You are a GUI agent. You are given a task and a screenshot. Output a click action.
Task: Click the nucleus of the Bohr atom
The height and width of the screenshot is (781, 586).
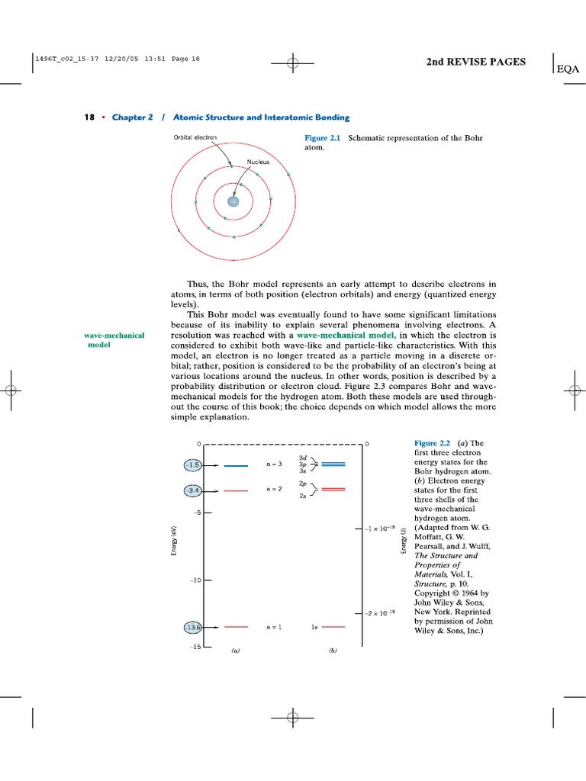click(233, 201)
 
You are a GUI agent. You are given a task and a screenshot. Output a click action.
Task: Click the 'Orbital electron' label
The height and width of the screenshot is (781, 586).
click(195, 137)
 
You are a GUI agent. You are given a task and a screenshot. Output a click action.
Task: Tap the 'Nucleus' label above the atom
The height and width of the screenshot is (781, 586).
click(258, 162)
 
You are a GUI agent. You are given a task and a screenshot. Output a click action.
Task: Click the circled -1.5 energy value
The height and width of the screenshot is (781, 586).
click(192, 464)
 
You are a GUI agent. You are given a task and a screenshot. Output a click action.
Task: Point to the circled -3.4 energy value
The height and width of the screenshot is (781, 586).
click(192, 490)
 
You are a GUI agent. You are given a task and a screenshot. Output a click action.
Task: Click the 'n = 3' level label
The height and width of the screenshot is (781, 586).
click(274, 464)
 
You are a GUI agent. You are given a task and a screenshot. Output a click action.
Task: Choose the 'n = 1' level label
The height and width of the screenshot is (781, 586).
click(274, 627)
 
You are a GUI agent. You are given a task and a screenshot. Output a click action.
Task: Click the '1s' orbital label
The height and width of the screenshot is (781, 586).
click(314, 627)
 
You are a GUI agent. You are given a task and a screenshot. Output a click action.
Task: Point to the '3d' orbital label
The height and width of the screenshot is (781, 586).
click(303, 457)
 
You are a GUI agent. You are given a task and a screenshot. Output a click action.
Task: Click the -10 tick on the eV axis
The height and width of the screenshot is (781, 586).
click(195, 580)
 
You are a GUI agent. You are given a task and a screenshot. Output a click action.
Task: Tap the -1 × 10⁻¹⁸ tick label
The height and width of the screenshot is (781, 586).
click(382, 527)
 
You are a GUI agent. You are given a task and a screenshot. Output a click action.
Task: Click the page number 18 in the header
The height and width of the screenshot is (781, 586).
click(89, 117)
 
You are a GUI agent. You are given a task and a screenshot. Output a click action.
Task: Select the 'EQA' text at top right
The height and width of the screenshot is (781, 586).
click(568, 69)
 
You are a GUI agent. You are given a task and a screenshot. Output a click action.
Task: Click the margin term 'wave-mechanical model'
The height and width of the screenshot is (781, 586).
click(114, 339)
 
